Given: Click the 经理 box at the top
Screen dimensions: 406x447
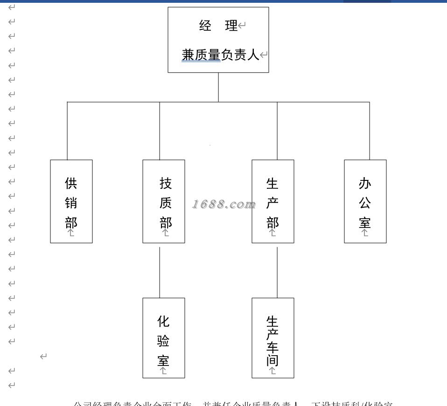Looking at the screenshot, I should [218, 40].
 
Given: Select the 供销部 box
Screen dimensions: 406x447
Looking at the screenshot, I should [71, 201].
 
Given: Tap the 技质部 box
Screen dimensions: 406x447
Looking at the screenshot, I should [164, 201].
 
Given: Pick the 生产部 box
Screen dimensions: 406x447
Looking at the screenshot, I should [273, 201].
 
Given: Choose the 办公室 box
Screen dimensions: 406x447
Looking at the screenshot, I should [365, 201].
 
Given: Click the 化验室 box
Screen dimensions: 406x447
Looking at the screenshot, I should [164, 338].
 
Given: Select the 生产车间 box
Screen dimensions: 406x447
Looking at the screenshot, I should [273, 338].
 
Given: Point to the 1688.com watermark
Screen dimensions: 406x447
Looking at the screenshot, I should [224, 204].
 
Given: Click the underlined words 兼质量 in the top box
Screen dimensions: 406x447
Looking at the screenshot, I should [201, 55].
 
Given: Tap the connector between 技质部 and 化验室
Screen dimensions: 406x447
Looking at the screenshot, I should [160, 272].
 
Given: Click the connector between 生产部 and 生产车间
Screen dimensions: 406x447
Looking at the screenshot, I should [277, 272].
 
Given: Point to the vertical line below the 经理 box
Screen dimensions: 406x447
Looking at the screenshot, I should [218, 87].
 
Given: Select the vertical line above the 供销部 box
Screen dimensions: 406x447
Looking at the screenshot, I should [67, 131].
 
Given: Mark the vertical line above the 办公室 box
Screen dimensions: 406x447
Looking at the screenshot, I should [370, 131].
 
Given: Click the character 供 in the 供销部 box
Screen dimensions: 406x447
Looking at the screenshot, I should [71, 183].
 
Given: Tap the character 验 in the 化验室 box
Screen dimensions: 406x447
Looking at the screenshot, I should [163, 341].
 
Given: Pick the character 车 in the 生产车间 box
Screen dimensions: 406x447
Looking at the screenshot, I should [272, 347].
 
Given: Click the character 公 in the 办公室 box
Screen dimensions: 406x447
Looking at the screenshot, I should [365, 203].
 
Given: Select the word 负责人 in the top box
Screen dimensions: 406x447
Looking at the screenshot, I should [239, 55].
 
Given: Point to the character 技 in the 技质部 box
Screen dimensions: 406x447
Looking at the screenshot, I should [166, 183].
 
